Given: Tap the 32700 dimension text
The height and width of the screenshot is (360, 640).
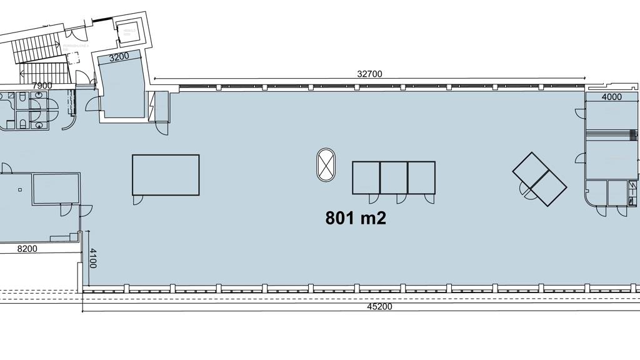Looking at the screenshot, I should click(x=369, y=74).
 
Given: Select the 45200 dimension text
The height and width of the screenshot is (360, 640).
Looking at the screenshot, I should click(x=379, y=307).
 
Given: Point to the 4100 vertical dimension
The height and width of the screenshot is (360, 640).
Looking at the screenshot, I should click(x=92, y=258).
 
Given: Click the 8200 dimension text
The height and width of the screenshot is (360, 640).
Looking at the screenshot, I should click(x=27, y=249).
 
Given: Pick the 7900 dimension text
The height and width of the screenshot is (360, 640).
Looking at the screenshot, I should click(x=42, y=86).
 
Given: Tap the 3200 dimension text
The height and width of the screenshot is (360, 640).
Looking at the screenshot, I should click(x=119, y=57).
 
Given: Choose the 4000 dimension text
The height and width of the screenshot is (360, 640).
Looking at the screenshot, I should click(x=611, y=97).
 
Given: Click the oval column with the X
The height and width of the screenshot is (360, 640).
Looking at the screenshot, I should click(x=326, y=166).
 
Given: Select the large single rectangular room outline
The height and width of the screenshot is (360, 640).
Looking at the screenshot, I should click(x=166, y=174).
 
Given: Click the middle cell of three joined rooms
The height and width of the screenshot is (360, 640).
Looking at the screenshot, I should click(x=394, y=177).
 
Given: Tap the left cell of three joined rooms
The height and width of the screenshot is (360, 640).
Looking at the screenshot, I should click(x=366, y=177).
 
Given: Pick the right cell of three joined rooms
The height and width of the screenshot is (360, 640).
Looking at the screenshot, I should click(x=421, y=177).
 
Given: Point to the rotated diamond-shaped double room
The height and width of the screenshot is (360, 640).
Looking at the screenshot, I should click(x=539, y=179).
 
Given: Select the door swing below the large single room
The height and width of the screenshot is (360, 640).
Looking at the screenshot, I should click(x=138, y=199).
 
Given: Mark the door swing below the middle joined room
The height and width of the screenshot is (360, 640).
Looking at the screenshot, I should click(x=401, y=198).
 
